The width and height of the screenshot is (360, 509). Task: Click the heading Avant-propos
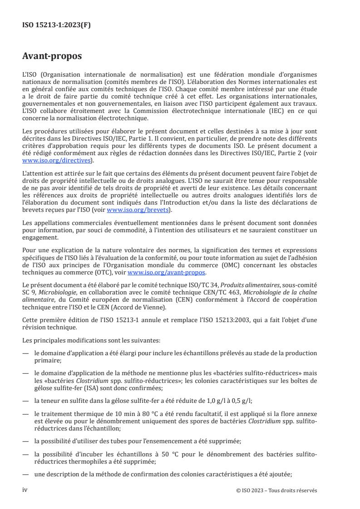[x=52, y=57]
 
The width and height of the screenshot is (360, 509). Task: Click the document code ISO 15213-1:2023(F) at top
[x=57, y=25]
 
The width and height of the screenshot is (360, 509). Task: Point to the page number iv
[x=25, y=490]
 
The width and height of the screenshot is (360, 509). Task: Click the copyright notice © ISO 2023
[x=276, y=490]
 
